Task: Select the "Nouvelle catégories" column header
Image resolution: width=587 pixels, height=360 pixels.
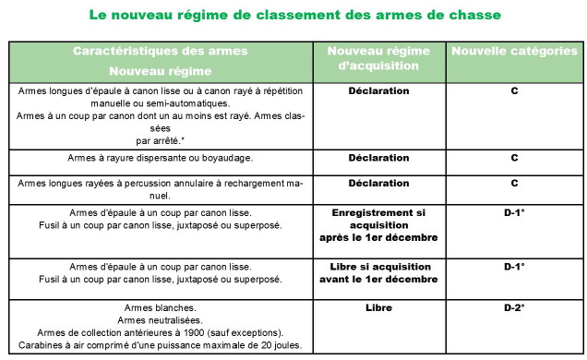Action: point(514,52)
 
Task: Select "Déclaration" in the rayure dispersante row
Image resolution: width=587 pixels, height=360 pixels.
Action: point(378,158)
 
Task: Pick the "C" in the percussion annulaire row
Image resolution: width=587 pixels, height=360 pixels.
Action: point(514,183)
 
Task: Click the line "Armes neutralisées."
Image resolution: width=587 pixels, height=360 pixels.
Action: point(162,319)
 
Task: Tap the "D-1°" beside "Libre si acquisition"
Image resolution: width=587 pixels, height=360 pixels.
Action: point(514,266)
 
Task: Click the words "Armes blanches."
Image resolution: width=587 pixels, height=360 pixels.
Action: point(162,306)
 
